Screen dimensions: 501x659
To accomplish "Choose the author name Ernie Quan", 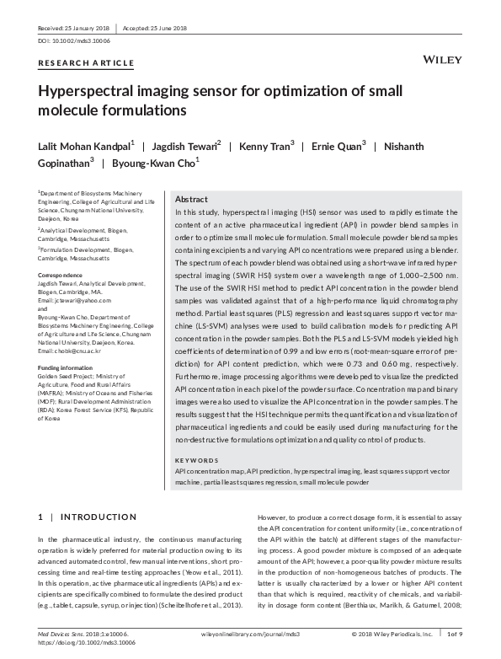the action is (338, 146).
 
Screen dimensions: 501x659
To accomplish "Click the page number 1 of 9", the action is (456, 632).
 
